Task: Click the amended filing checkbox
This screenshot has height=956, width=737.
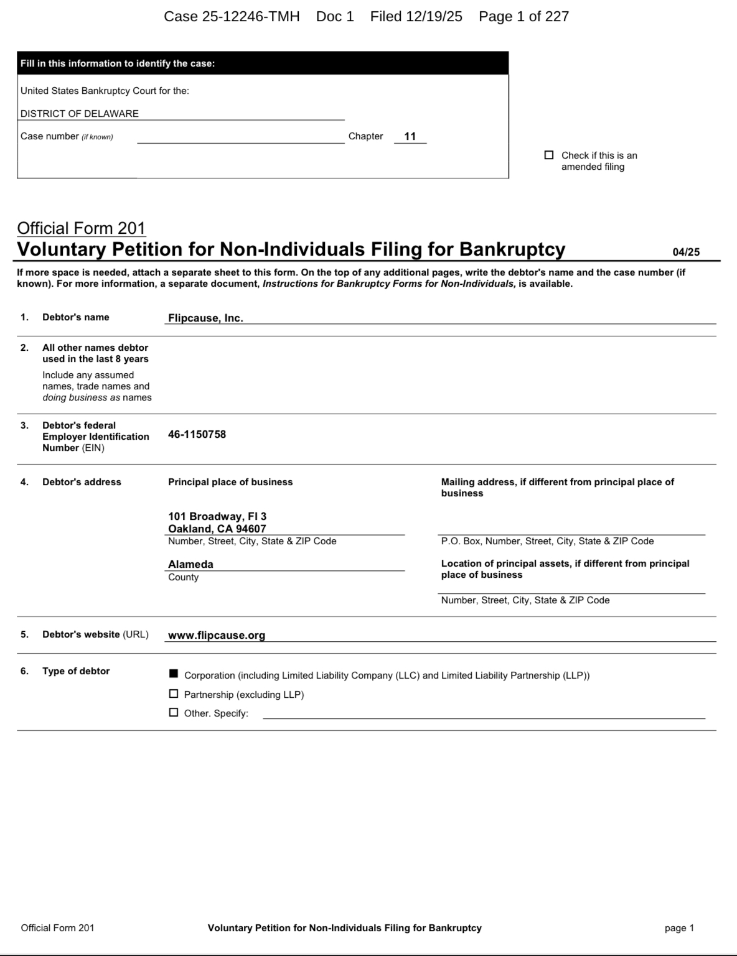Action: [x=549, y=155]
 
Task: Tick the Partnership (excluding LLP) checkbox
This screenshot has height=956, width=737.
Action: [x=174, y=694]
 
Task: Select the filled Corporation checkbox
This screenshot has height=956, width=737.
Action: [x=174, y=674]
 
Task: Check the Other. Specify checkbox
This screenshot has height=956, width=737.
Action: [x=174, y=713]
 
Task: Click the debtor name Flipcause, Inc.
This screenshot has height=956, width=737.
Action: [x=205, y=318]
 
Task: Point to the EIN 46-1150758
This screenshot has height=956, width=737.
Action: [x=197, y=434]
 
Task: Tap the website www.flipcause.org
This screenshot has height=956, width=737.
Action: [x=217, y=635]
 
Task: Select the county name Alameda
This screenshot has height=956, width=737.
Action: [x=190, y=564]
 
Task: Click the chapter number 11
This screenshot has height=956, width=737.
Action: [x=410, y=136]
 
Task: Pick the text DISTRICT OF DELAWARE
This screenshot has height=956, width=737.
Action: [x=80, y=114]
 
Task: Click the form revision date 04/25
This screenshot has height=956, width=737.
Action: [x=686, y=252]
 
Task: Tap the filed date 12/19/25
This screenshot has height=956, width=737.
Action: [x=434, y=17]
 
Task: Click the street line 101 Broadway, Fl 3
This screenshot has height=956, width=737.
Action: [x=217, y=516]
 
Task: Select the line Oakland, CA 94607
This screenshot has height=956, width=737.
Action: [x=217, y=529]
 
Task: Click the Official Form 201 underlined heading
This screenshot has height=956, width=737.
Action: [x=81, y=228]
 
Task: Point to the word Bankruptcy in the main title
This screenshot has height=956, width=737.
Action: [x=512, y=249]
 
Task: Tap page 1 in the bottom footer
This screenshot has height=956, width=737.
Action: [x=679, y=928]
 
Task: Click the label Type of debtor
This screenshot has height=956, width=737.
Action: [x=76, y=671]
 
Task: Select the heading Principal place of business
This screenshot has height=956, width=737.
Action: [x=230, y=482]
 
